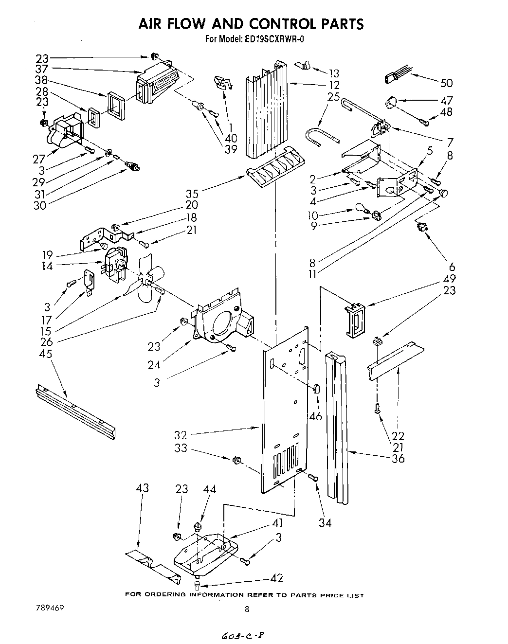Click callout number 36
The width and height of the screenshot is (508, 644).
pyautogui.click(x=398, y=458)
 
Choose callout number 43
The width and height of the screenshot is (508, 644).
pyautogui.click(x=143, y=488)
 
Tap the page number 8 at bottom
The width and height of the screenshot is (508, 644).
pyautogui.click(x=247, y=609)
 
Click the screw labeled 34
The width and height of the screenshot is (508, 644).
pyautogui.click(x=314, y=479)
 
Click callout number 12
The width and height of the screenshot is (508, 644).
pyautogui.click(x=334, y=85)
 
